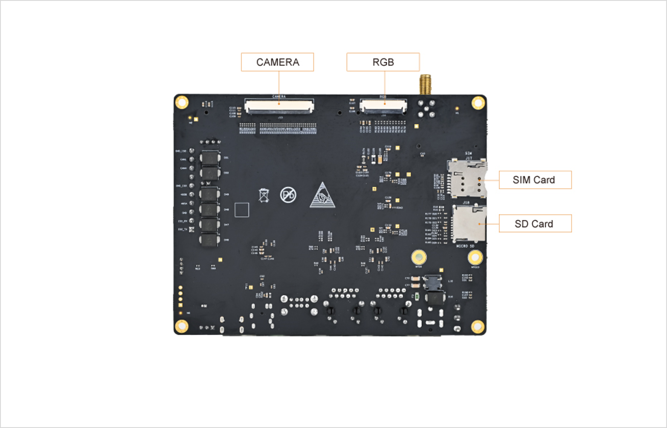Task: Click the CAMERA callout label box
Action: [277, 62]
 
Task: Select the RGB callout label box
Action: [383, 62]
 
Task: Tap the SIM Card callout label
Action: [535, 180]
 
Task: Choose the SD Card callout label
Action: [535, 224]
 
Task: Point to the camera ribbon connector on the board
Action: [279, 106]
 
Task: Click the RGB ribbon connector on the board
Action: [383, 106]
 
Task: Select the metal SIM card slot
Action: [467, 179]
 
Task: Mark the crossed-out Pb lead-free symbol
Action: [288, 195]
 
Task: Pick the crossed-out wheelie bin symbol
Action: [264, 195]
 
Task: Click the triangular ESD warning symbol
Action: [322, 196]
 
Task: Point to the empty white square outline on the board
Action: [241, 210]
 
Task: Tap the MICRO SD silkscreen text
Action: [465, 246]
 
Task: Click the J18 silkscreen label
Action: [466, 202]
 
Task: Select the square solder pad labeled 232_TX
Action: [191, 229]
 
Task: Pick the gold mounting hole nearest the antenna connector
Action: [478, 103]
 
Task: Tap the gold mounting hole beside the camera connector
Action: [182, 102]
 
